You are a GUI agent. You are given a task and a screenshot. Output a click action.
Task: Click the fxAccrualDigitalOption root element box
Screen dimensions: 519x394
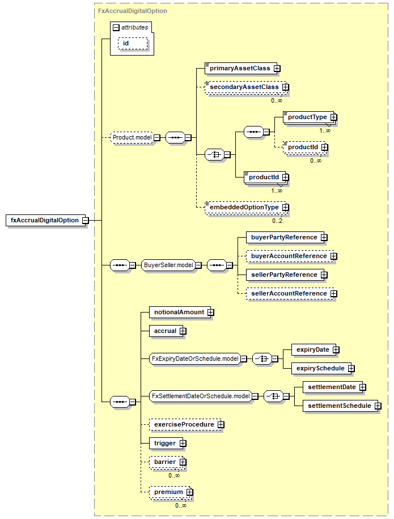click(x=44, y=220)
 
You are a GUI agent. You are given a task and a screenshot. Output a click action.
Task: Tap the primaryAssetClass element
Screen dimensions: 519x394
click(x=240, y=69)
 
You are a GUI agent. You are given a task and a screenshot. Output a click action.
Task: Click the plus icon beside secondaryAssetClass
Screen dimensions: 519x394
click(x=285, y=87)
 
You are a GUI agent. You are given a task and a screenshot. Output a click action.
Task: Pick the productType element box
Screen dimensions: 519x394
click(x=307, y=117)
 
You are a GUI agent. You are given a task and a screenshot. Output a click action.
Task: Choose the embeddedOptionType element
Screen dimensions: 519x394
click(x=244, y=208)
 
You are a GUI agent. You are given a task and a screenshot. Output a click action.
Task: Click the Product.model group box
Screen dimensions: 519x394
click(x=131, y=137)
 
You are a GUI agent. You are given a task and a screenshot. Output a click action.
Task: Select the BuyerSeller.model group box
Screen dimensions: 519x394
click(x=168, y=265)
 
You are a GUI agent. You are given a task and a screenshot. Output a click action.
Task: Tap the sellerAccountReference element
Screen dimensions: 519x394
click(x=289, y=293)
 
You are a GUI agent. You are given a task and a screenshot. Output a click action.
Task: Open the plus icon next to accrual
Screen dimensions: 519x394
click(x=183, y=331)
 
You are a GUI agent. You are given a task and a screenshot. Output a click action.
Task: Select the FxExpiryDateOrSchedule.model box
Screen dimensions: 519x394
click(x=194, y=358)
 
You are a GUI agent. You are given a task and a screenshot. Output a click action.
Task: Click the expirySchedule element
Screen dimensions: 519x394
click(x=320, y=368)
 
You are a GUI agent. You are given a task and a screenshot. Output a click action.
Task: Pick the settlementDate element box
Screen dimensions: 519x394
click(x=331, y=387)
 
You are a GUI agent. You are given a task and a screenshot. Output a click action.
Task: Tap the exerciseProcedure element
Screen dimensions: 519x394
click(x=184, y=424)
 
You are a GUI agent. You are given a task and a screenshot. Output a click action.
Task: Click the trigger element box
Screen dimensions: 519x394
click(x=165, y=443)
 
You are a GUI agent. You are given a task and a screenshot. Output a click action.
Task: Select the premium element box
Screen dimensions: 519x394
click(x=169, y=492)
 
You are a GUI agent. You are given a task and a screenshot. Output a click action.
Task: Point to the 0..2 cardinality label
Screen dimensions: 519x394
click(x=277, y=221)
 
